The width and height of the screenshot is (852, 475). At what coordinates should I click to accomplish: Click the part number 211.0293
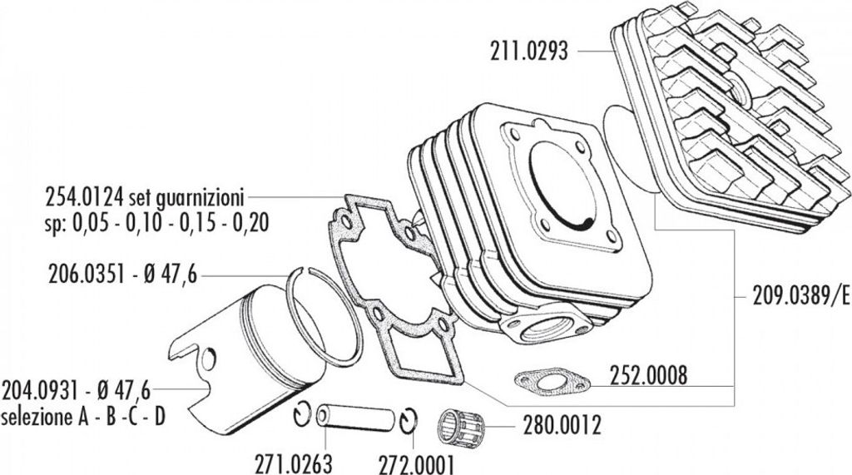pyautogui.click(x=530, y=52)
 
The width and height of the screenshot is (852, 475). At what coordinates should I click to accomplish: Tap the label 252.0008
pyautogui.click(x=648, y=376)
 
